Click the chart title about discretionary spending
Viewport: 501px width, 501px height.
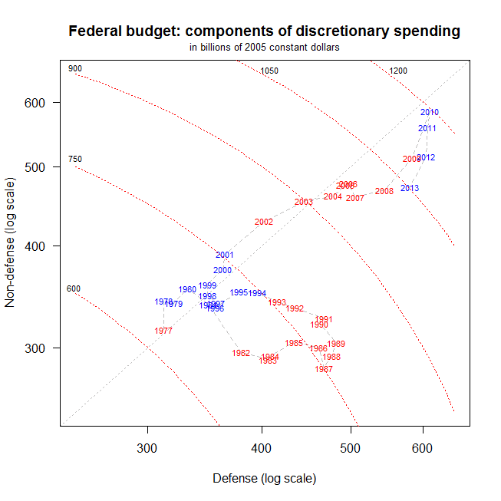point(264,31)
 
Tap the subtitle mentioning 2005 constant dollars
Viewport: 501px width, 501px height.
point(264,48)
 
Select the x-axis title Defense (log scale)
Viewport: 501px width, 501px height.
point(264,479)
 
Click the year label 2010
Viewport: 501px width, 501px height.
point(430,112)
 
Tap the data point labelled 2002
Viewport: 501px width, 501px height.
point(264,222)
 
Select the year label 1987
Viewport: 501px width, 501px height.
point(324,369)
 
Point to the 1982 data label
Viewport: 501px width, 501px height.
point(241,353)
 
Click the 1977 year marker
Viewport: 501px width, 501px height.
point(163,331)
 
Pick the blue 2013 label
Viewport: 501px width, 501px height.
point(410,188)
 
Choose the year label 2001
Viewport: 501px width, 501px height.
point(225,255)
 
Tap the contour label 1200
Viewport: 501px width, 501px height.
point(398,71)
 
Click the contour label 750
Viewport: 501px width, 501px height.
point(75,160)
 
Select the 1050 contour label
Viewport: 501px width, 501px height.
point(269,71)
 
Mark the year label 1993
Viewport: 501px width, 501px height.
point(277,302)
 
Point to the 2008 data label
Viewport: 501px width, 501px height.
point(384,191)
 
